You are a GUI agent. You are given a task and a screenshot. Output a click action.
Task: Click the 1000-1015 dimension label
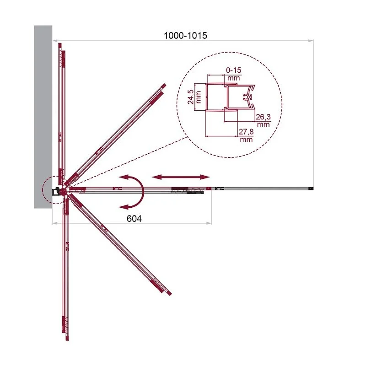185,36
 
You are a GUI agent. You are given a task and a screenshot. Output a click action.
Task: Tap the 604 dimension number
134,219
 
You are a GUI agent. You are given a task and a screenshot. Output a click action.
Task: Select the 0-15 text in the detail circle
234,70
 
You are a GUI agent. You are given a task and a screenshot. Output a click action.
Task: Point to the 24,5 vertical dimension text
190,97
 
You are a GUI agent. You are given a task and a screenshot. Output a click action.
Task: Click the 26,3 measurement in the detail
263,117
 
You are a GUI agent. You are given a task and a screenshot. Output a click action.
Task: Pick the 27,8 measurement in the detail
246,132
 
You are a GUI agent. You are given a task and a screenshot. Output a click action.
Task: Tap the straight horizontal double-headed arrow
181,177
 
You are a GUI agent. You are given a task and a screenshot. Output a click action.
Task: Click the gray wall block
43,117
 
